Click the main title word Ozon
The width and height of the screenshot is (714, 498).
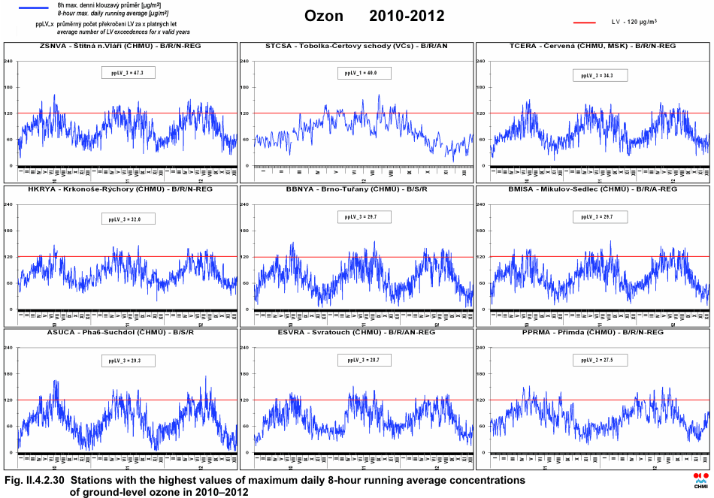324,16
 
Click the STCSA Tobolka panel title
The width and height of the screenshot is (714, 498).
356,46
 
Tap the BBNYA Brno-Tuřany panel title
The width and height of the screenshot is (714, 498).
356,189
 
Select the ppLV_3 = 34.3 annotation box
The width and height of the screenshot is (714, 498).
599,75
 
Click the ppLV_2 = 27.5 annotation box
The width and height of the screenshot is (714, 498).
599,361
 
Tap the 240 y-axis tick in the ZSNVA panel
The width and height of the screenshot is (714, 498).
10,61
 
